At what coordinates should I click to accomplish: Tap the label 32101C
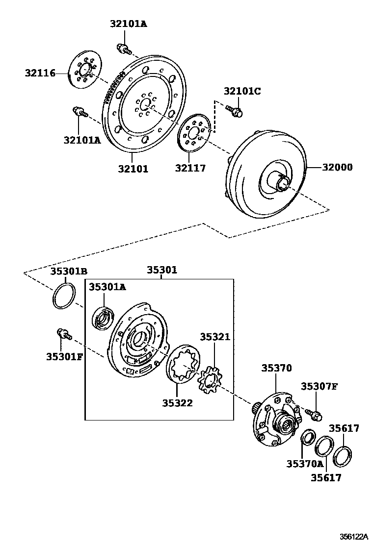pos(242,91)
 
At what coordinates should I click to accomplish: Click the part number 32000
pos(337,167)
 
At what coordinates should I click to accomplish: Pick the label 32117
pos(190,169)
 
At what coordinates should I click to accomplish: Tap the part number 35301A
pos(107,287)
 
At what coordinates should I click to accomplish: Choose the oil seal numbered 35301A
pos(104,318)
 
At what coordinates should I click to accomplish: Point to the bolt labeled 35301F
pos(64,334)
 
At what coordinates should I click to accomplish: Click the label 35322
pos(178,403)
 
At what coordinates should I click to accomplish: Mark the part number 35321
pos(215,337)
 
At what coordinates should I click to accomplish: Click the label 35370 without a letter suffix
pos(276,368)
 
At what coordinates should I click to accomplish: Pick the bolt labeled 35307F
pos(314,415)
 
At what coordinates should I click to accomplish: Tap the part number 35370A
pos(305,464)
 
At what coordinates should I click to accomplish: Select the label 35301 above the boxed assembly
pos(162,270)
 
